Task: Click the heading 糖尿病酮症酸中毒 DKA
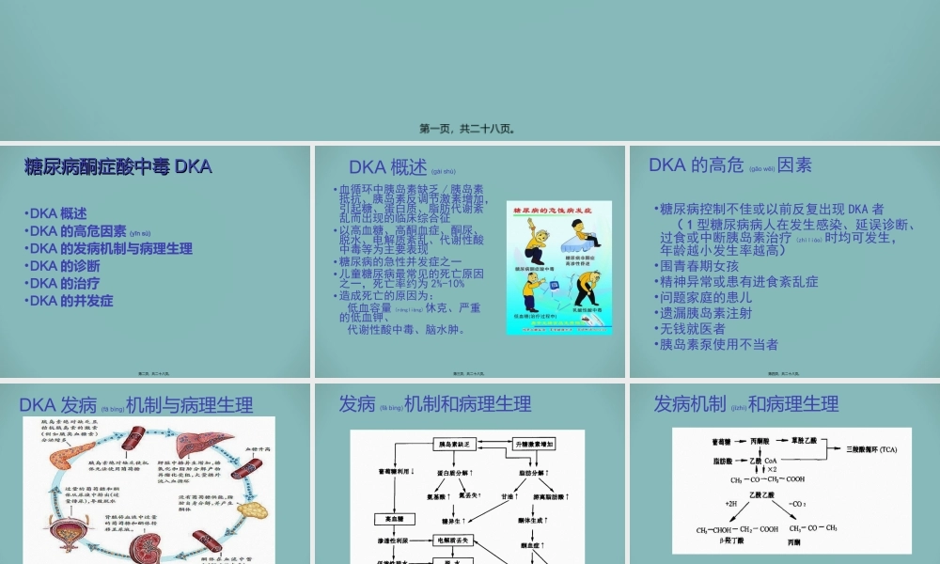[117, 167]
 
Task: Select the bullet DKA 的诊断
[65, 266]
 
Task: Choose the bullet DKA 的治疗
[65, 283]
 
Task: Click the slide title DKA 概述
[387, 167]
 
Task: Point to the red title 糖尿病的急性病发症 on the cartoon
[558, 211]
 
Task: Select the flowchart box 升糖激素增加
[537, 443]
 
